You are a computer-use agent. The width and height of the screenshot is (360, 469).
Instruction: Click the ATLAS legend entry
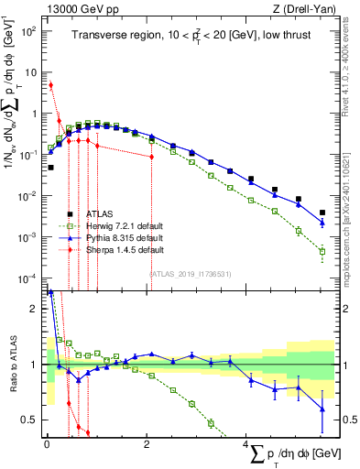coord(98,213)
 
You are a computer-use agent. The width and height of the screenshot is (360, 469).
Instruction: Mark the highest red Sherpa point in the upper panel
coord(50,85)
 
